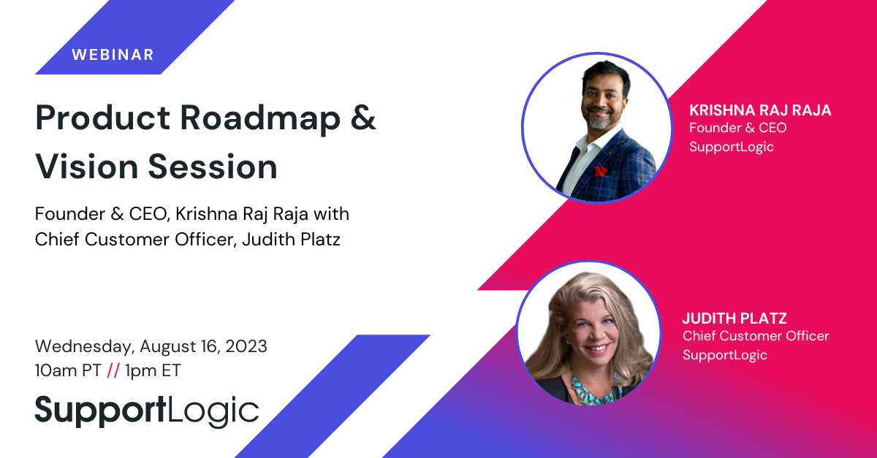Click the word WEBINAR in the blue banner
113,55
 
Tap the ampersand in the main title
363,118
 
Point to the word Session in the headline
213,167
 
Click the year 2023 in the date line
246,346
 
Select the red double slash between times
113,370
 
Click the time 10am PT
68,370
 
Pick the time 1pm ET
153,370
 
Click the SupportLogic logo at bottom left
147,411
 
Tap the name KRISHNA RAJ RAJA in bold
760,110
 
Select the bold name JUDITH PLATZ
734,318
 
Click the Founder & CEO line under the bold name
737,128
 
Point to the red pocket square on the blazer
600,171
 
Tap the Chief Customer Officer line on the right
756,336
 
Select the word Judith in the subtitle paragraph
266,239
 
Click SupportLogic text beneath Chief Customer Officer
725,356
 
